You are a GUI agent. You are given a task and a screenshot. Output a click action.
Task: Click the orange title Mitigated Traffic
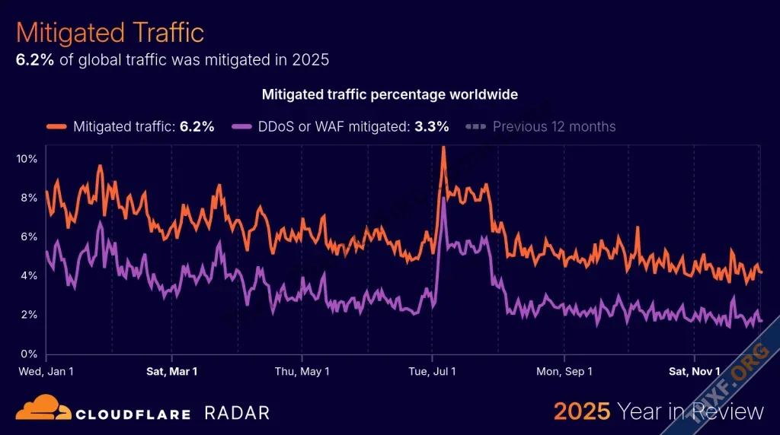[110, 33]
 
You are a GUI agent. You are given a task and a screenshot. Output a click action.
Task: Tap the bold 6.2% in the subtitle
[35, 59]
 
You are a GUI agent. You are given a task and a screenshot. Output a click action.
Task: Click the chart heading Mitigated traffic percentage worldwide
[389, 94]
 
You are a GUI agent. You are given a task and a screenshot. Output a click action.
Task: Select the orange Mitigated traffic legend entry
[130, 126]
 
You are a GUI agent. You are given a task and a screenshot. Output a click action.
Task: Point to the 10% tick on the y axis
[27, 158]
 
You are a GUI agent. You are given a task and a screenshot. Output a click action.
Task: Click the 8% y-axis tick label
[29, 198]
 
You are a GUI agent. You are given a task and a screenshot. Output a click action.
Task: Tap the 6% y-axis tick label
[29, 237]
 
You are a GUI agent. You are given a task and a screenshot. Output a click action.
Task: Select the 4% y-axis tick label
[29, 275]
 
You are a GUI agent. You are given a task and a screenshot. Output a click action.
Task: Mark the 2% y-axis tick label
[29, 315]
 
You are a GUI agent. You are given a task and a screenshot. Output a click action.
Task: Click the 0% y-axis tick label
[29, 354]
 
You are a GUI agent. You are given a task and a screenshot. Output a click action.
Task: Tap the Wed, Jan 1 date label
[46, 371]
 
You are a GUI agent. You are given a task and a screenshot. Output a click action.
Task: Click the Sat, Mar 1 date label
[171, 371]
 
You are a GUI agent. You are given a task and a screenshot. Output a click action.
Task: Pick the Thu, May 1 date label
[302, 371]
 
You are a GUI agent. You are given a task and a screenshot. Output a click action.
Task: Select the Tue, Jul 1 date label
[432, 371]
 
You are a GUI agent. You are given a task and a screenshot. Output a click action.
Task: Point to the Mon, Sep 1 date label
[564, 371]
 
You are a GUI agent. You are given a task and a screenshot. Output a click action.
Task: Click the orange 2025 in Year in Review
[582, 411]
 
